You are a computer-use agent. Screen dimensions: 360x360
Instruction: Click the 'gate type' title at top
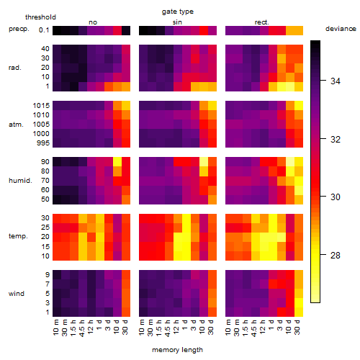coord(178,12)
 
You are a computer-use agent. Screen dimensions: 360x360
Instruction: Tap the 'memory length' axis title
coord(177,350)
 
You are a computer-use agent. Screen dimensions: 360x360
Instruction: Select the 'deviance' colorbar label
coord(341,29)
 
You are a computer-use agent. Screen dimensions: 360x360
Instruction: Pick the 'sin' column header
coord(177,22)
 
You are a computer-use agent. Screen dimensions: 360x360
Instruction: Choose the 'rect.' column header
coord(262,22)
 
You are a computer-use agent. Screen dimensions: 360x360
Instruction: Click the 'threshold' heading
coord(40,17)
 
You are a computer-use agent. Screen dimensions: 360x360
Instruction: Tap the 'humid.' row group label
coord(20,181)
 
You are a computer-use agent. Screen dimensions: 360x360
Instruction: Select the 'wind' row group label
coord(17,294)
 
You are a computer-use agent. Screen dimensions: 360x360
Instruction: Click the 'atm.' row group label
coord(16,125)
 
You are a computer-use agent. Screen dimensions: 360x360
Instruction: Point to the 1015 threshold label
coord(41,106)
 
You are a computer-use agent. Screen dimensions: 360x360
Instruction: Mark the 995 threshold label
coord(43,143)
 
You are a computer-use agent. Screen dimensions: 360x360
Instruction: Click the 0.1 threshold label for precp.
coord(44,30)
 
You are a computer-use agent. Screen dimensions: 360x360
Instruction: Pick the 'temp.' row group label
coord(18,236)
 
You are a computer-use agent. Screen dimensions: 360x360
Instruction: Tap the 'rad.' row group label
coord(15,68)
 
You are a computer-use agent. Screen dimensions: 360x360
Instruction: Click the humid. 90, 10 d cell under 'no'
coord(117,162)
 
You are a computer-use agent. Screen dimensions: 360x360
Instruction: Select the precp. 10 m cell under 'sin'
coord(143,31)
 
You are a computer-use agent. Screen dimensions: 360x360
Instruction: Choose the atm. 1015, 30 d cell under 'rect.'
coord(299,106)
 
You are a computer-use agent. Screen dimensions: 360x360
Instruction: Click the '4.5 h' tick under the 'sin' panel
coord(168,328)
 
